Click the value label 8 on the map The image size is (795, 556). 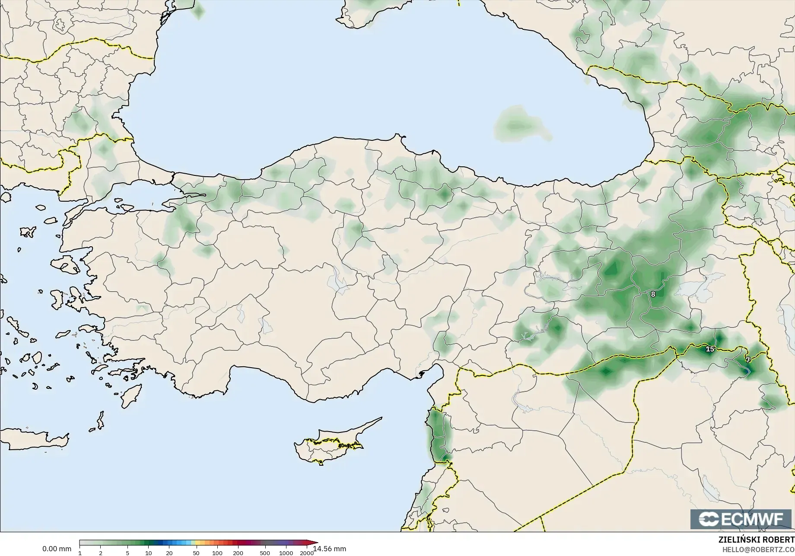653,294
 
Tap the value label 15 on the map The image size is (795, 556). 710,349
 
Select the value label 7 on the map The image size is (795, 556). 748,360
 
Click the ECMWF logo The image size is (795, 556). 742,519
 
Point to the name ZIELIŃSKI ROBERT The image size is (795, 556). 756,540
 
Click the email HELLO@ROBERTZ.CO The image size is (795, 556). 758,549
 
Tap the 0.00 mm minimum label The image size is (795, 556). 57,549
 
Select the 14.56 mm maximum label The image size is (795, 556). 330,549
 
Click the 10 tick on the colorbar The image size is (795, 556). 148,553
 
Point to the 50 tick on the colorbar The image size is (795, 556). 196,553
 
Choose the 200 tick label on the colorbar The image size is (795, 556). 238,553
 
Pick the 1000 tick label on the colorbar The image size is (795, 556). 286,553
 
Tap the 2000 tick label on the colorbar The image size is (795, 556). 307,553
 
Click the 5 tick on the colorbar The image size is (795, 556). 127,553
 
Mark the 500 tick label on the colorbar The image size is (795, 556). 265,553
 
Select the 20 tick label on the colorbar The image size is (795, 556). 169,553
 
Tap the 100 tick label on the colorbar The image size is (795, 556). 217,553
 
